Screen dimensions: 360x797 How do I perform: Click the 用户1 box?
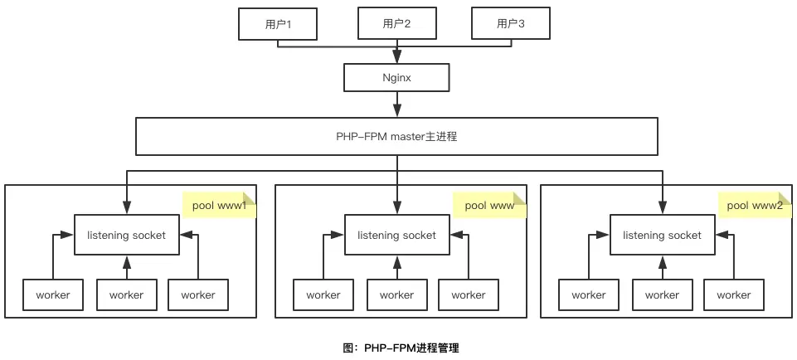(x=278, y=24)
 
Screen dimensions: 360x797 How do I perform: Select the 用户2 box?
(x=397, y=24)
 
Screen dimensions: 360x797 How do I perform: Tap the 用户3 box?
(x=511, y=24)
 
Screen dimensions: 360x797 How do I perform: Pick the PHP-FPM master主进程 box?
(x=397, y=136)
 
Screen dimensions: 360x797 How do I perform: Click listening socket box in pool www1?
(x=126, y=236)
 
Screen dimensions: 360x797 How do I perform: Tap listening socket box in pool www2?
(x=662, y=236)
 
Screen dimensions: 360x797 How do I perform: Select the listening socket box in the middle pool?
(x=396, y=236)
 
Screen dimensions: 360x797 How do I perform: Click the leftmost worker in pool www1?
(x=52, y=294)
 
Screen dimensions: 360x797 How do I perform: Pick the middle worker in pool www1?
(x=126, y=294)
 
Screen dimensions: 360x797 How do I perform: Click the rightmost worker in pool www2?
(x=733, y=294)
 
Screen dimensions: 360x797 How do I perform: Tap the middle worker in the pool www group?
(x=396, y=294)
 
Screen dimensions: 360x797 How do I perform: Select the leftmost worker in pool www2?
(x=588, y=294)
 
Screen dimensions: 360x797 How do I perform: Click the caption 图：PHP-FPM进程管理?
(x=401, y=348)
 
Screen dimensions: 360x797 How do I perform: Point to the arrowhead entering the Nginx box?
(x=397, y=60)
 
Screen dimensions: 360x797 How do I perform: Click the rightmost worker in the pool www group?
(x=468, y=294)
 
